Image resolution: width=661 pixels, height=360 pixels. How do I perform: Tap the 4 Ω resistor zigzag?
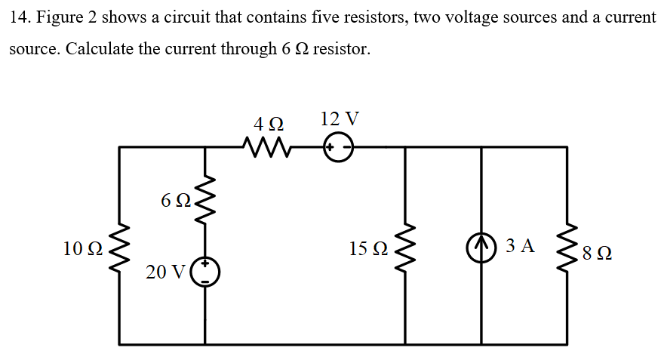[x=263, y=146]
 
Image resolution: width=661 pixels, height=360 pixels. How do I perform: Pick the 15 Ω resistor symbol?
[x=406, y=248]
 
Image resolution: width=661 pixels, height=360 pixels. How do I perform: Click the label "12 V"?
[x=340, y=118]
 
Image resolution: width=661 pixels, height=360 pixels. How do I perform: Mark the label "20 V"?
[x=164, y=272]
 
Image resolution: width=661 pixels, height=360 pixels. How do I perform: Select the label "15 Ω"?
[x=369, y=248]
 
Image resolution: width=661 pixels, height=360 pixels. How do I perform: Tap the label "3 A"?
[x=520, y=245]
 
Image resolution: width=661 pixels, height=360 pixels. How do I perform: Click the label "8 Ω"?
[x=596, y=254]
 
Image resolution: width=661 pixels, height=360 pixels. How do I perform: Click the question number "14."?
[x=20, y=17]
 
